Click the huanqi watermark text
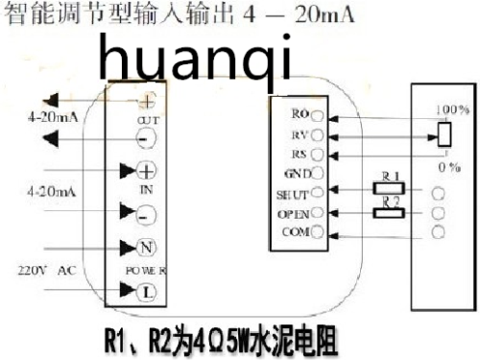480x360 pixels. [x=194, y=60]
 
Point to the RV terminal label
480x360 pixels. [x=299, y=133]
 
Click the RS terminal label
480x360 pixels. [x=299, y=154]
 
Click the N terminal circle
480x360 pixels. [x=148, y=248]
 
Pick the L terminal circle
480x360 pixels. [x=148, y=290]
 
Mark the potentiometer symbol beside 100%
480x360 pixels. [x=444, y=133]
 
